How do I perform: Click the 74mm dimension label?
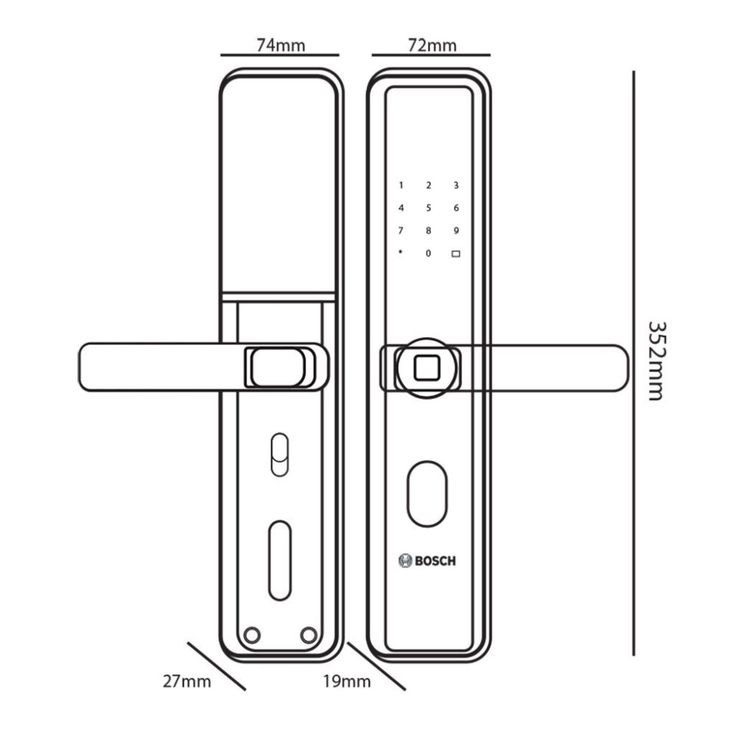click(x=280, y=45)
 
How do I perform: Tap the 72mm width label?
click(x=432, y=45)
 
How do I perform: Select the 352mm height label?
click(x=657, y=360)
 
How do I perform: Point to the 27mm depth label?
click(x=187, y=681)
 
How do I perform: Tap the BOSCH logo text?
click(x=428, y=560)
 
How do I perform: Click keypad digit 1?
click(x=401, y=185)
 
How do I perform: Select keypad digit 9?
click(x=456, y=231)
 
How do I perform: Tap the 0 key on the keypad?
click(x=428, y=254)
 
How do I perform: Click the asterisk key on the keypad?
click(x=401, y=252)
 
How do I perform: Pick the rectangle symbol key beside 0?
click(x=456, y=254)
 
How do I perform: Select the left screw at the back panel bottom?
click(x=252, y=634)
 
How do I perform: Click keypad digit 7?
click(x=401, y=231)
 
